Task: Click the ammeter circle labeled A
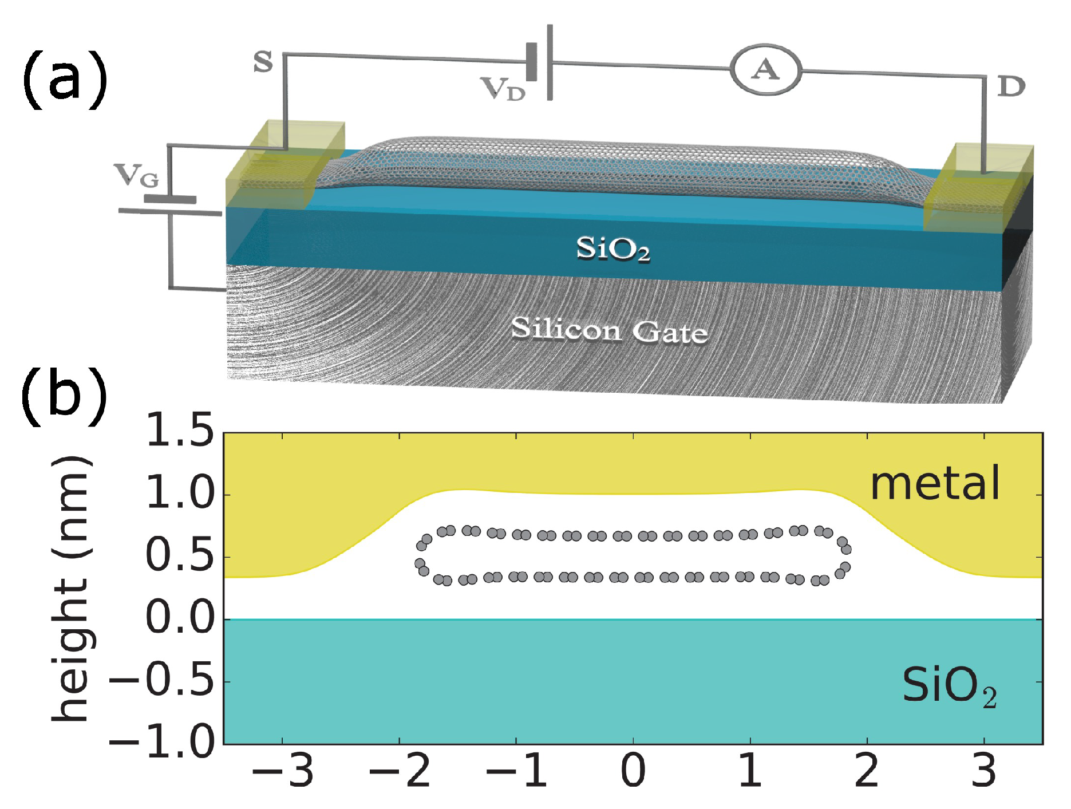(765, 70)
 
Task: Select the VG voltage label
(136, 175)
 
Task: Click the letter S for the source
(263, 62)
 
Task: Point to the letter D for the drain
(1011, 87)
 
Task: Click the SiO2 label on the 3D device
(612, 249)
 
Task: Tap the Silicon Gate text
(609, 330)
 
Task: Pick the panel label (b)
(64, 395)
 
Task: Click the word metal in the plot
(935, 484)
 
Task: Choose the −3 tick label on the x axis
(283, 771)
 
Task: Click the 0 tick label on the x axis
(633, 771)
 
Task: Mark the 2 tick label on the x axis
(867, 771)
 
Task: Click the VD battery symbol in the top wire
(540, 62)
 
